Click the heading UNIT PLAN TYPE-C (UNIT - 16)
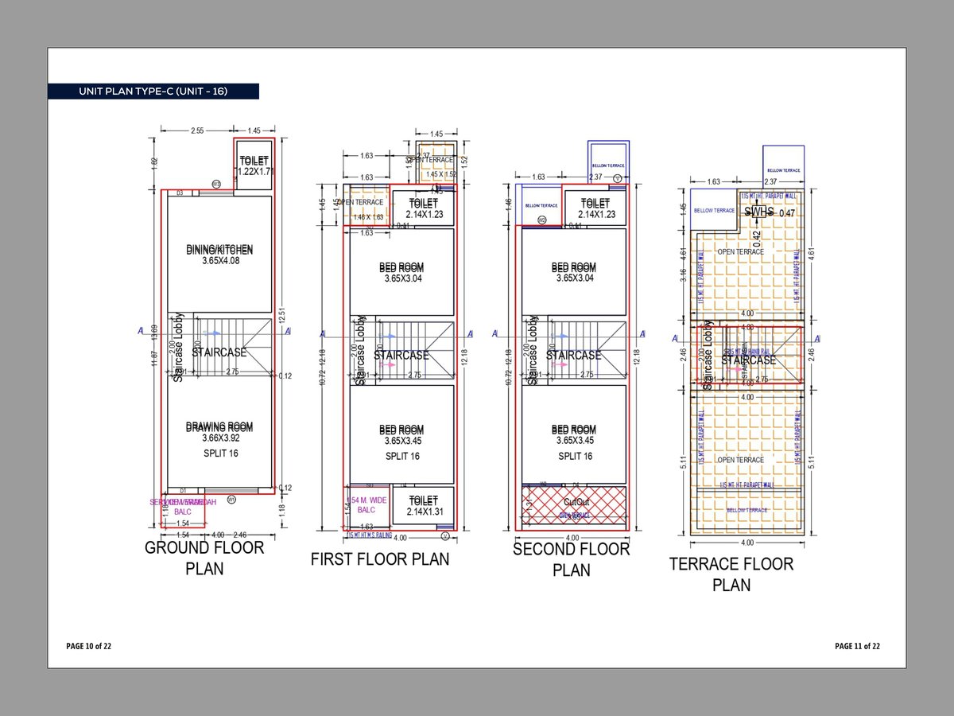[153, 91]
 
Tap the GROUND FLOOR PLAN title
[204, 558]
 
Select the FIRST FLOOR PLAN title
[379, 559]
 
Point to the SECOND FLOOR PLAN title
[571, 559]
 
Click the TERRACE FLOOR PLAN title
[731, 574]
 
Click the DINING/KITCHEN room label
[219, 255]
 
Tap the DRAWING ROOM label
[219, 432]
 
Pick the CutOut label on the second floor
[575, 503]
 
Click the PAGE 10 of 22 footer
[89, 646]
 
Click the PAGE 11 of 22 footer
[858, 646]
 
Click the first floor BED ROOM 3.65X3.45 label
[401, 434]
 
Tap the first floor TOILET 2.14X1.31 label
[423, 506]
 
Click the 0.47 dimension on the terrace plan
[787, 212]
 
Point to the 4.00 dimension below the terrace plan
[747, 543]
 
